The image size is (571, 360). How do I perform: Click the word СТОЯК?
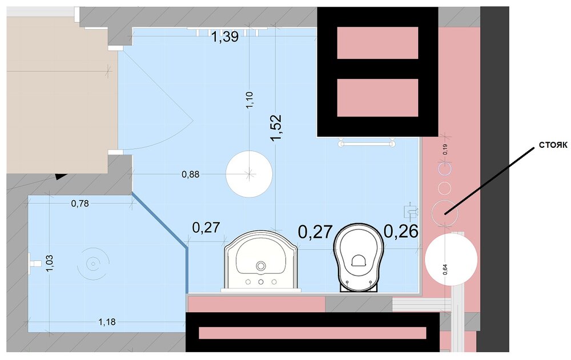553,145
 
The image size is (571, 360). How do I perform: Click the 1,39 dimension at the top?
225,37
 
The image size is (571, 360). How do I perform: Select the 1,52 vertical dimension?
276,127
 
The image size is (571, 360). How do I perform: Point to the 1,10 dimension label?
250,100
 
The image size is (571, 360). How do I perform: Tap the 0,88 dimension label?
191,175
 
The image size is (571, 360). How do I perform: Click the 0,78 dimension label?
80,204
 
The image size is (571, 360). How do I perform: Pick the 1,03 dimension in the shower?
50,263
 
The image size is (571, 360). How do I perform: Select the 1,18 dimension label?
107,322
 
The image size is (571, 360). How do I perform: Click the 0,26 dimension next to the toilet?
401,231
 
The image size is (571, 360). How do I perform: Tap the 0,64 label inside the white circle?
445,269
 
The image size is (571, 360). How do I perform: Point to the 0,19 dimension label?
445,149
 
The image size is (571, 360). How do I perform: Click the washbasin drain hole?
261,266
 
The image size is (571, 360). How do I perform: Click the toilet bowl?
359,257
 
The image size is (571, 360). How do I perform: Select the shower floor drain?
93,264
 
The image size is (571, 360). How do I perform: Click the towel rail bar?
367,144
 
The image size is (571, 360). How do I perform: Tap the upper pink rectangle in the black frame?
377,43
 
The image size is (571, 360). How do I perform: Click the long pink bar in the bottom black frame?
312,333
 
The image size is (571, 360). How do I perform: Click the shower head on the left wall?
34,263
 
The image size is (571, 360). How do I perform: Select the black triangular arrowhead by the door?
62,176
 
